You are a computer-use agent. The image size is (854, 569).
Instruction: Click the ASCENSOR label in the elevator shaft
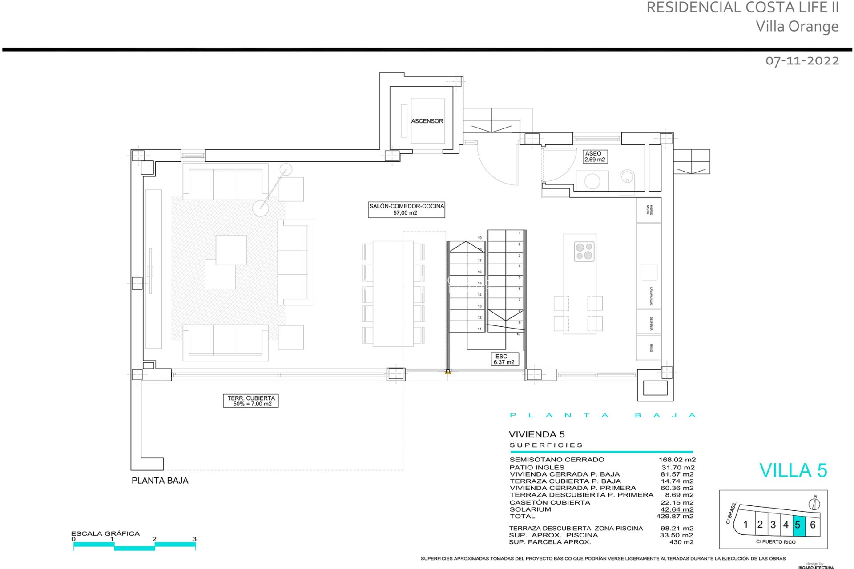tap(427, 121)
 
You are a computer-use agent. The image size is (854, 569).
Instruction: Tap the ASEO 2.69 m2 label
tap(595, 156)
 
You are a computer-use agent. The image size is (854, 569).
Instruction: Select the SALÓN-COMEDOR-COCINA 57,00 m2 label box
tap(406, 209)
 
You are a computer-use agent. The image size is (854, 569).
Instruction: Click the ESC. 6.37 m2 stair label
tap(504, 359)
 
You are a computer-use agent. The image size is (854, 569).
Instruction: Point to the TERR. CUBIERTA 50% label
tap(251, 401)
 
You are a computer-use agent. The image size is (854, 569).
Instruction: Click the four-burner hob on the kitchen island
tap(584, 252)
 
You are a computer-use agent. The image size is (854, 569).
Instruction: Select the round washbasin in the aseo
tap(592, 181)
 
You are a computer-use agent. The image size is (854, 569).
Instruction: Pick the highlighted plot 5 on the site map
tap(798, 525)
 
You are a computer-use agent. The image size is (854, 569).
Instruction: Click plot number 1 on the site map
tap(746, 525)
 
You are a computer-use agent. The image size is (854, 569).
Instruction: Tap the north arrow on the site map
tap(814, 504)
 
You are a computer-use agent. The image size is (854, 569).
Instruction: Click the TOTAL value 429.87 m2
tap(674, 516)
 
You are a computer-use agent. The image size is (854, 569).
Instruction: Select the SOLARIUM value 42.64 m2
tap(677, 509)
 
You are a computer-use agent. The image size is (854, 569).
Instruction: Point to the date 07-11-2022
tap(802, 60)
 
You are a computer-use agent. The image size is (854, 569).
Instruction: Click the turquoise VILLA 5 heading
tap(793, 470)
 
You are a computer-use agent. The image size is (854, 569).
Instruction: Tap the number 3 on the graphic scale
tap(194, 539)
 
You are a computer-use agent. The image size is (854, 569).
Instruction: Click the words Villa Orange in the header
tap(797, 26)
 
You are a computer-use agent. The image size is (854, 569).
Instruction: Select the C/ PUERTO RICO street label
tap(775, 542)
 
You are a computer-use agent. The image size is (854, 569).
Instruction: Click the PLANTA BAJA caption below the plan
tap(160, 481)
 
